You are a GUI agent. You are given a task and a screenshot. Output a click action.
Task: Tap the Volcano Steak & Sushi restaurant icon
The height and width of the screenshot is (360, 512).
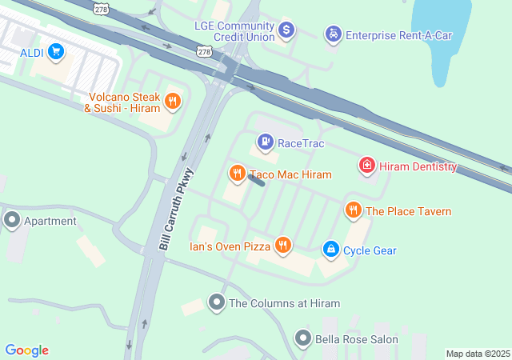click(172, 101)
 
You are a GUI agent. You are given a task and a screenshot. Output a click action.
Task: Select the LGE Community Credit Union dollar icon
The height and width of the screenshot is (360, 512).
click(286, 31)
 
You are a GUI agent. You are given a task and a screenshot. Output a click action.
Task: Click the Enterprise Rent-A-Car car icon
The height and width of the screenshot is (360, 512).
click(331, 34)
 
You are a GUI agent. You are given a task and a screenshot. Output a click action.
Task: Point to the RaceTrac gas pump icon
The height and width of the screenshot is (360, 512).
click(264, 143)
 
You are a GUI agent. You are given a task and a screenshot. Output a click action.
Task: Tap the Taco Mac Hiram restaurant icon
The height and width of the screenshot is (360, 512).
click(237, 174)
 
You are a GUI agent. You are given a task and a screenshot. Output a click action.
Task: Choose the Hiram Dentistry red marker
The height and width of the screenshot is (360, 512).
click(366, 166)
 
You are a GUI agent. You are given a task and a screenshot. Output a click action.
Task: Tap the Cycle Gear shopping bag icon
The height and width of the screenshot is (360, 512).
click(330, 250)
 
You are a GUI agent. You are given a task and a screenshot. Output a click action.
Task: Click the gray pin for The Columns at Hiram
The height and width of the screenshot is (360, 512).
click(216, 303)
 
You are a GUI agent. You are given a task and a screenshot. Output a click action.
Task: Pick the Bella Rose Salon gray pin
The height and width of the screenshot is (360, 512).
click(302, 339)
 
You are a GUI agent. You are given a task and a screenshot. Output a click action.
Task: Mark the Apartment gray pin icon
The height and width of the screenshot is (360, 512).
click(12, 220)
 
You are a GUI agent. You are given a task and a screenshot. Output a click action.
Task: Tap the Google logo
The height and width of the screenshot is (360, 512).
click(26, 350)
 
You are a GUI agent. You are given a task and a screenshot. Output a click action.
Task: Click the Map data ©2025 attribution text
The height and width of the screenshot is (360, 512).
click(478, 354)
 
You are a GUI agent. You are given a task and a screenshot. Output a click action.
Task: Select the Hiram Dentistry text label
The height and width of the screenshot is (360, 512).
click(417, 166)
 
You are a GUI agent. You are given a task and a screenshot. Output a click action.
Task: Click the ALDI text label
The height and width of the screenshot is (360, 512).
click(32, 54)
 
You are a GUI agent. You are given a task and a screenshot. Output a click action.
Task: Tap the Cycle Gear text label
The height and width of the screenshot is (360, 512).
click(370, 250)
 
